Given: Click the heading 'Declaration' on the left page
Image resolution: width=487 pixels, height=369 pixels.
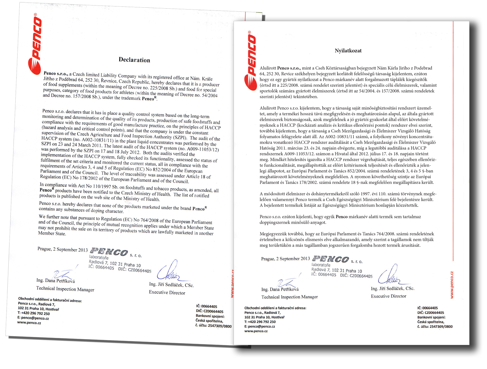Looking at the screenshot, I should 135,60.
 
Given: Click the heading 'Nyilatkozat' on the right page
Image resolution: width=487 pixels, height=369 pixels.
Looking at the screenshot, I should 348,51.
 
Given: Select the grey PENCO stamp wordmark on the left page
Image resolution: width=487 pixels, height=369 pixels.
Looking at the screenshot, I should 109,252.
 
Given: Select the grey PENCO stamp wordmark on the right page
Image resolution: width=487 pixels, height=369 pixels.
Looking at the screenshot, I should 331,259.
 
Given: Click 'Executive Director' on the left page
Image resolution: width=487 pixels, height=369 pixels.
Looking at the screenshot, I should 167,292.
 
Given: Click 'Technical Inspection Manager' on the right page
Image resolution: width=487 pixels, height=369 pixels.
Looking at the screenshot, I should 290,297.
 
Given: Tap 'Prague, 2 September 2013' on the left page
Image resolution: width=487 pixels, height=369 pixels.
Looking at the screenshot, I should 62,249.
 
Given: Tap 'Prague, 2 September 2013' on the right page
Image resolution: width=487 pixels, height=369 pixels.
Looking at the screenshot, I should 285,259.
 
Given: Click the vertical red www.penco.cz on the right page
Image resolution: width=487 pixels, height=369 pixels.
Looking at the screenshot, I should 452,285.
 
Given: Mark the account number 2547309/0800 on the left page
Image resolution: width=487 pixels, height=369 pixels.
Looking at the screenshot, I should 219,326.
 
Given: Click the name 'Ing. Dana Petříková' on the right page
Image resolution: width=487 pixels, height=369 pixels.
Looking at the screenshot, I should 280,289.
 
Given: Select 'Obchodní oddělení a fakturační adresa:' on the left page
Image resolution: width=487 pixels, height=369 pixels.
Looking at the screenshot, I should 50,300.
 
